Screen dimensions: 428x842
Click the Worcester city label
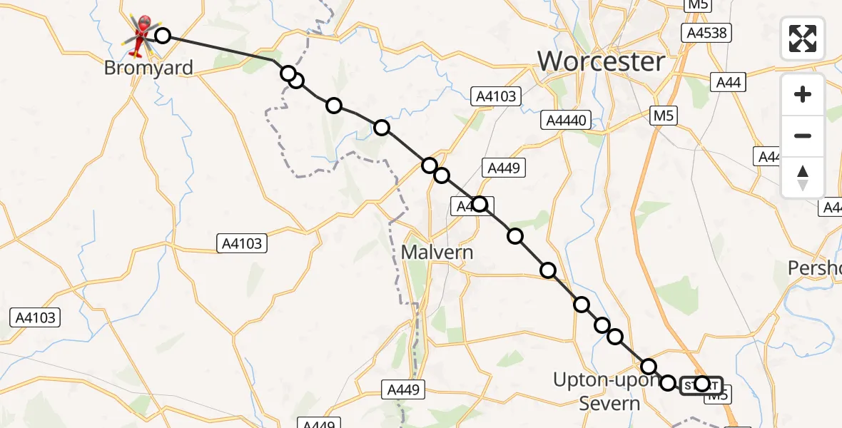point(601,61)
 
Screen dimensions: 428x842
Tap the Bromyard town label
point(148,68)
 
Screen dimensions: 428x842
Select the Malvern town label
point(437,252)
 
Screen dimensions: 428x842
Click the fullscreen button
point(803,39)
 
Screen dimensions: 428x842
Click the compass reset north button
point(803,177)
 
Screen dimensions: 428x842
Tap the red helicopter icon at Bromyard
point(142,33)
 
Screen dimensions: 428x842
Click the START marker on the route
point(701,385)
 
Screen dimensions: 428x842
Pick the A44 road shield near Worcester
point(728,83)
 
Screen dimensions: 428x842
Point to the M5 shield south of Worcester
point(663,116)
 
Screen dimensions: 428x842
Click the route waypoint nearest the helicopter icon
point(163,36)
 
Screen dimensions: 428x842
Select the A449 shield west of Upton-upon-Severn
point(403,389)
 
